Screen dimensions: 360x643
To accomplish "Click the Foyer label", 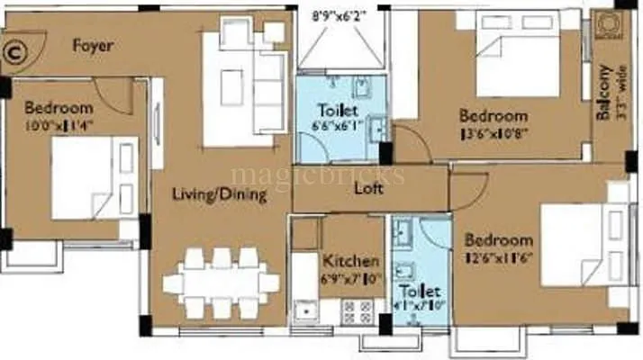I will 92,45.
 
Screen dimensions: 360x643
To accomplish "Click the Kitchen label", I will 350,262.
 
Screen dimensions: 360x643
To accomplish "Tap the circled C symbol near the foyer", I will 14,51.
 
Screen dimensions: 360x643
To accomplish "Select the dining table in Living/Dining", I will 220,283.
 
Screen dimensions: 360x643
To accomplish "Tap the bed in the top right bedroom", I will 520,65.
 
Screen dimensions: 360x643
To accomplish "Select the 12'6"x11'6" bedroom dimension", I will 498,257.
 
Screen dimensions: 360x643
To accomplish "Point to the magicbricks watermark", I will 317,173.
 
